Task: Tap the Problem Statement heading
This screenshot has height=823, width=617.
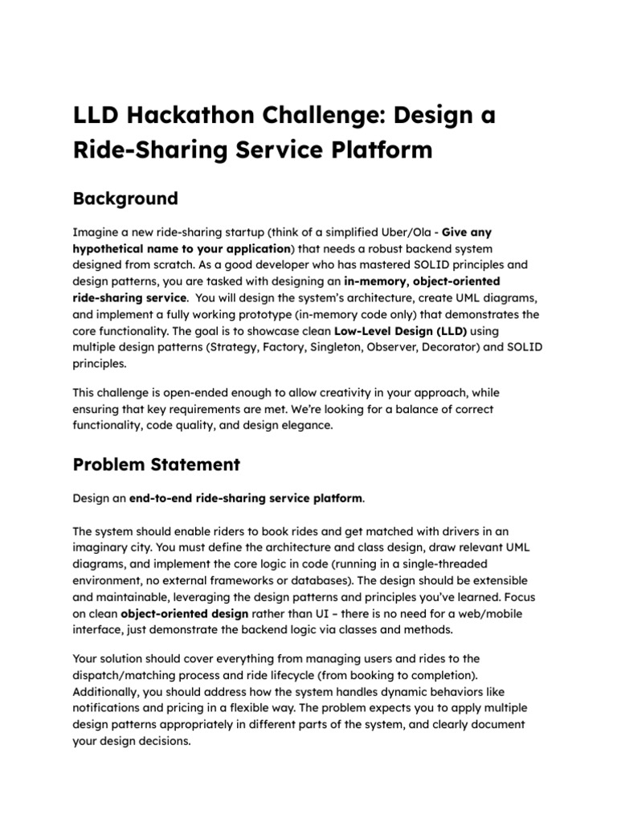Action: [157, 464]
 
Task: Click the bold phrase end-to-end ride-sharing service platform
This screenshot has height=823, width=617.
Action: [246, 498]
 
